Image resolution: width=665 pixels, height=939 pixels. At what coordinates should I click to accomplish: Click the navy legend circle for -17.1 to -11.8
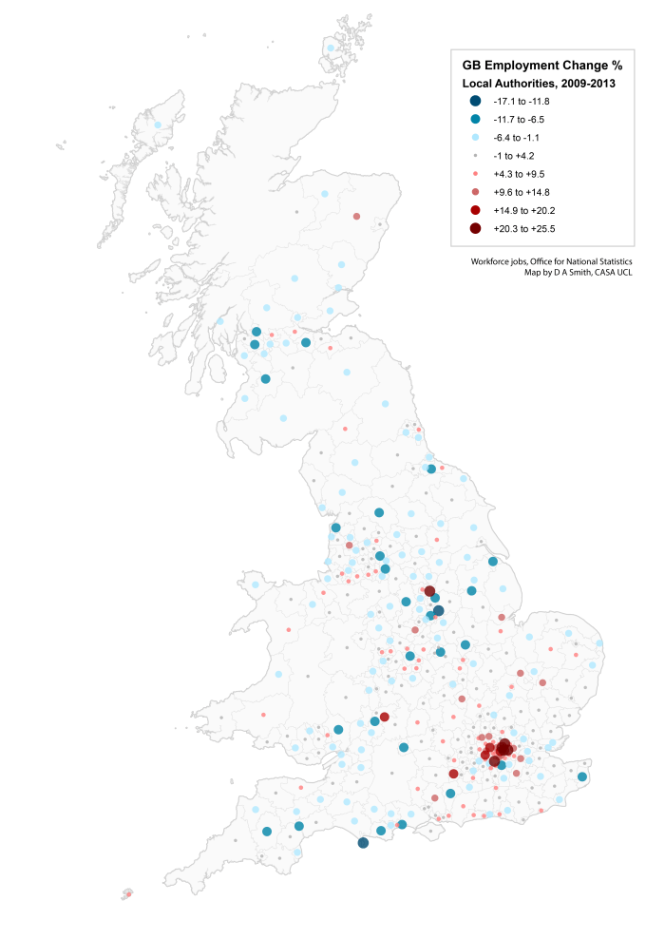pos(475,101)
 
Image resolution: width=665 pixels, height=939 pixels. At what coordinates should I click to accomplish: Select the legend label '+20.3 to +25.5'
pos(524,228)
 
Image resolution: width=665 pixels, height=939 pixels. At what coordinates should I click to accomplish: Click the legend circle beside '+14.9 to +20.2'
pos(475,210)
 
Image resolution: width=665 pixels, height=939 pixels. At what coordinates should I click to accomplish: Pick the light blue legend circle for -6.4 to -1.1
pos(475,137)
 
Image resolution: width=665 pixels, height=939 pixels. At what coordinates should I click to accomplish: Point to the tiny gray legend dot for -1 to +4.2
pos(475,156)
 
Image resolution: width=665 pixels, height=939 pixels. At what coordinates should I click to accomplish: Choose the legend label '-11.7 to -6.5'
pos(519,120)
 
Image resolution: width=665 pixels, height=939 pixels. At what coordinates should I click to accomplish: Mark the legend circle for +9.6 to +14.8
pos(475,192)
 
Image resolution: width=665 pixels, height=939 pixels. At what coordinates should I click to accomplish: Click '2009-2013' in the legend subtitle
pos(587,84)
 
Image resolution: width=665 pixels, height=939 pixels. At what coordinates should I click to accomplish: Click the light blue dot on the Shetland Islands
pos(331,48)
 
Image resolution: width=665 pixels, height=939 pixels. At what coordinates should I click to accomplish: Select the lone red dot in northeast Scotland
pos(357,217)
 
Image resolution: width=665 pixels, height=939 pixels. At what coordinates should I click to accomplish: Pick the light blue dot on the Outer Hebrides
pos(158,125)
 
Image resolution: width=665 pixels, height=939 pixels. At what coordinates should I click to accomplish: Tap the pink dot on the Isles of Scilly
pos(128,893)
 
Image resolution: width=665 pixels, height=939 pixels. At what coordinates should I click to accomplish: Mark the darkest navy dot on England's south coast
pos(363,843)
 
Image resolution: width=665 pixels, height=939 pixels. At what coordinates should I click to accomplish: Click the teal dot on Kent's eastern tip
pos(582,777)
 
